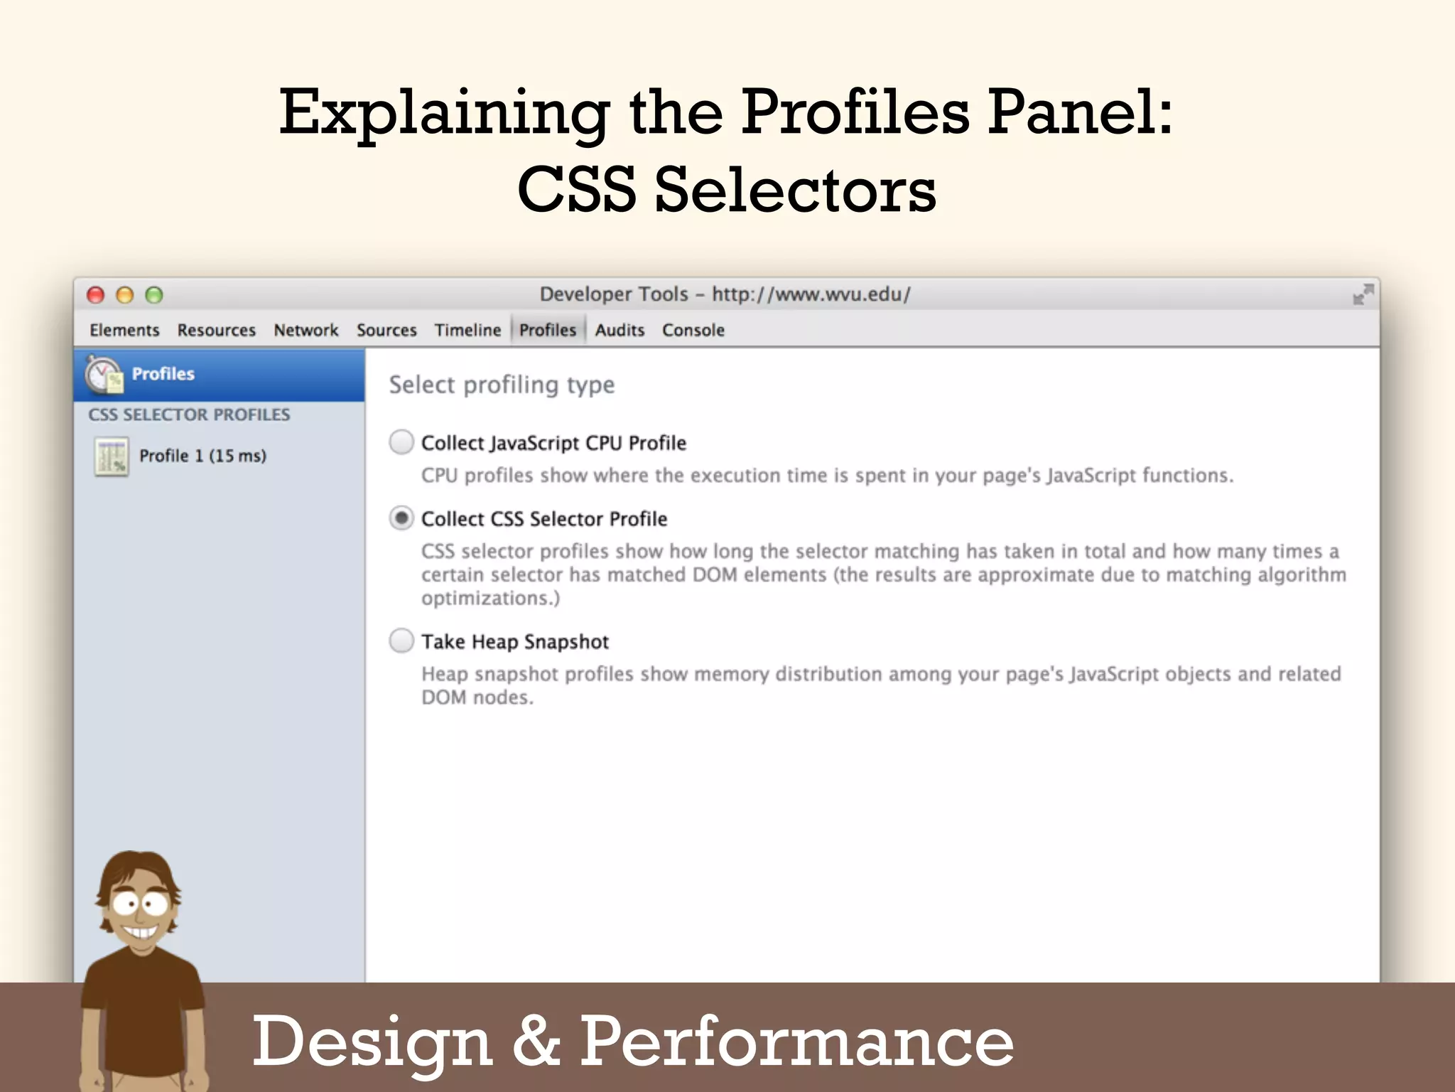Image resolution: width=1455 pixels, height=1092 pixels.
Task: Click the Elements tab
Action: click(124, 330)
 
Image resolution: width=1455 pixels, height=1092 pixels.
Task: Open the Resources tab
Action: click(216, 330)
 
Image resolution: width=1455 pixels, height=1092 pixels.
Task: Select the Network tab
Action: click(306, 330)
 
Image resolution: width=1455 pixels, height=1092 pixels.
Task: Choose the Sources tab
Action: click(386, 330)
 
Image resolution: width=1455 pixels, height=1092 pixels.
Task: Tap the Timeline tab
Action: click(467, 330)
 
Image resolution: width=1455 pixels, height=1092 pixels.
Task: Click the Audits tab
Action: click(620, 330)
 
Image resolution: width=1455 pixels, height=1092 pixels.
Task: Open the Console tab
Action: click(693, 330)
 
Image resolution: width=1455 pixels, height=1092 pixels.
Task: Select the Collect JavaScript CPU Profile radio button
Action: click(401, 442)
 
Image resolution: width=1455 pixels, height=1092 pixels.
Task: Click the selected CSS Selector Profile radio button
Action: click(401, 518)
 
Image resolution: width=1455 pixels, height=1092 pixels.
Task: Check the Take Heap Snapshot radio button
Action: click(401, 641)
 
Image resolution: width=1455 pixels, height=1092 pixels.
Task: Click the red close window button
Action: click(95, 295)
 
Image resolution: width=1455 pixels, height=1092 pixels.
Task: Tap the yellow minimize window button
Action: click(125, 295)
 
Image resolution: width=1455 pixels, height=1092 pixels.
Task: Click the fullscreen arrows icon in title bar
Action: click(1363, 294)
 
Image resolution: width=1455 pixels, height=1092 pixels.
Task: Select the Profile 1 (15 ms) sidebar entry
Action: click(202, 456)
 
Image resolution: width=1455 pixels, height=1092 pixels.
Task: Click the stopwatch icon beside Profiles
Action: click(104, 374)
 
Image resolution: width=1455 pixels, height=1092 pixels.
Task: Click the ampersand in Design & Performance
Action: click(536, 1041)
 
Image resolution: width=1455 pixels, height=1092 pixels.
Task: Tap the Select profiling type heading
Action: click(502, 385)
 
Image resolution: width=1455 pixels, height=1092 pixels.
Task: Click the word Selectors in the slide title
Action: click(795, 190)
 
